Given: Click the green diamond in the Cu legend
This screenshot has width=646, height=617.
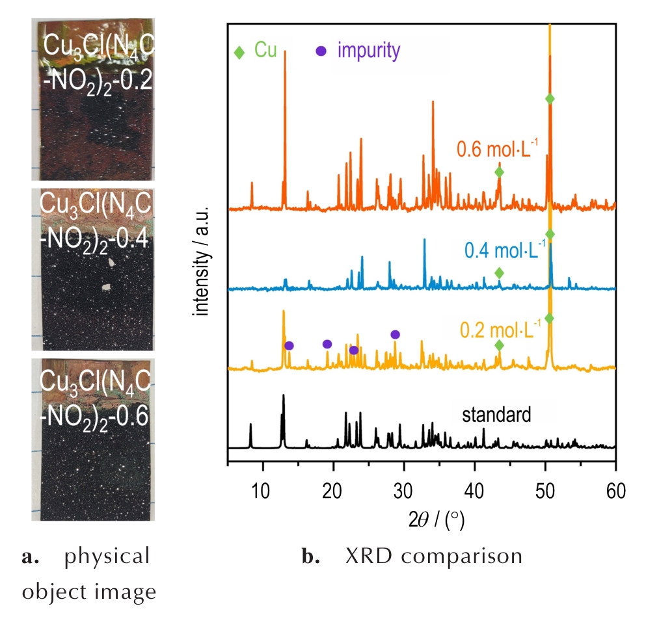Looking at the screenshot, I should point(239,52).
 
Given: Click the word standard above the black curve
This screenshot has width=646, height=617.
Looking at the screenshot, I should point(497,414).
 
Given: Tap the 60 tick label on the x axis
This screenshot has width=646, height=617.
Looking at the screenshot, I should point(615,489).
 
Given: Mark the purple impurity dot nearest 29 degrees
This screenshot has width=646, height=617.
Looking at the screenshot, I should point(395,334).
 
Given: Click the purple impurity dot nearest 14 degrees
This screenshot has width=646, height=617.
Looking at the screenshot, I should point(289,345).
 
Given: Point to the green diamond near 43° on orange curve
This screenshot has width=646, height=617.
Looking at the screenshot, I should point(499,172).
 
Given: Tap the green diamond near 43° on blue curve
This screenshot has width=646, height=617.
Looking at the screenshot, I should point(499,272).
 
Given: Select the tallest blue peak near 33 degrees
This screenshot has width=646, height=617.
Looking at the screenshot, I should point(425,241).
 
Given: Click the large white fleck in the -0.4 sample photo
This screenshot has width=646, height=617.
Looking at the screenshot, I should point(112,262).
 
